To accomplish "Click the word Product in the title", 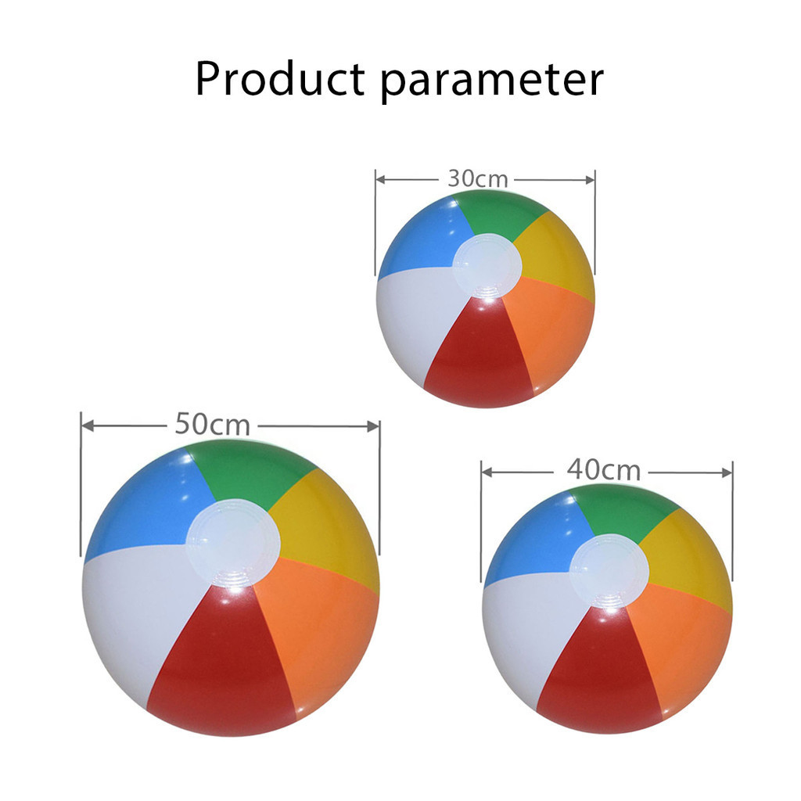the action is [280, 78].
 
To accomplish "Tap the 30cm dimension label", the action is [478, 179].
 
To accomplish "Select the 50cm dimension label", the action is [212, 424].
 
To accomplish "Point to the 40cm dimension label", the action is [603, 470].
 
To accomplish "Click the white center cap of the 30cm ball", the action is [487, 266].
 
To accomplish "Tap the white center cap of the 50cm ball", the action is [233, 543].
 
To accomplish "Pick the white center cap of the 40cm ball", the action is [609, 571].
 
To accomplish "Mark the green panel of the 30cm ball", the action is [498, 214].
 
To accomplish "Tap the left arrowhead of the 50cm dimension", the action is [88, 426].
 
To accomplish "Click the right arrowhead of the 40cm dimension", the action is [726, 473].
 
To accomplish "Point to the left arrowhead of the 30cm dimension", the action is [381, 179].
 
